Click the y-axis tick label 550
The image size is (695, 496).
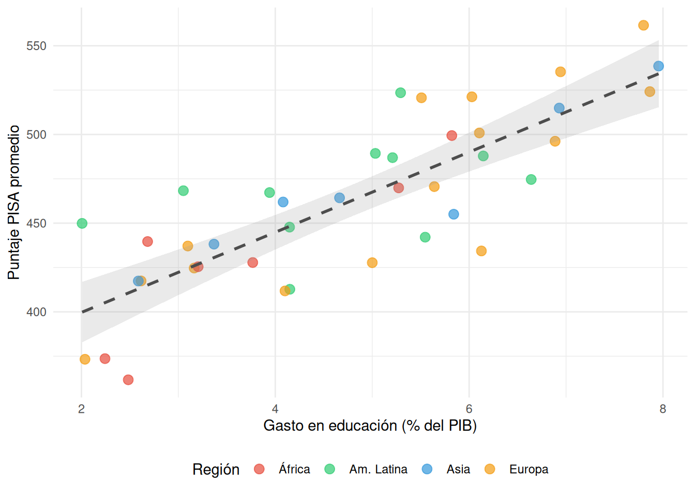36,46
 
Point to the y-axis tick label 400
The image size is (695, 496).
36,312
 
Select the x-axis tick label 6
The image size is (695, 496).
469,409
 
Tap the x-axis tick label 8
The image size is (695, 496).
663,409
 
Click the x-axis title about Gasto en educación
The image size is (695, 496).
370,426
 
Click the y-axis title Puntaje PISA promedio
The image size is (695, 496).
14,203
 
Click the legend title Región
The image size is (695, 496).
216,469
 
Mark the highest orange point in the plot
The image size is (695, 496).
643,25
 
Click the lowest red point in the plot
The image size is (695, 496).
128,380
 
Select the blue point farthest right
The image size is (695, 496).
658,66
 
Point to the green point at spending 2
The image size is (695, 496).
82,223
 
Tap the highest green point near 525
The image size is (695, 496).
400,93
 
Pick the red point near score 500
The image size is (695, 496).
451,135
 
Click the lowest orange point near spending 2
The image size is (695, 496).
85,359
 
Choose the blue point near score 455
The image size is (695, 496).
454,214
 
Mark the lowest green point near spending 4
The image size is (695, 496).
290,289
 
